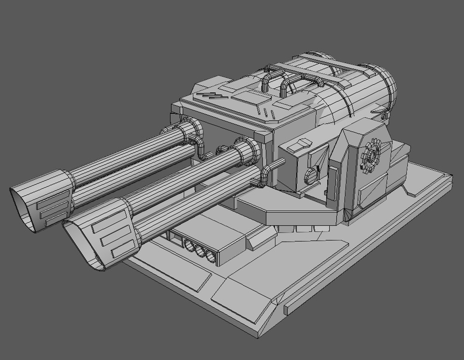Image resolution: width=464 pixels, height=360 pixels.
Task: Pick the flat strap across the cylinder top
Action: (x=310, y=74)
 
